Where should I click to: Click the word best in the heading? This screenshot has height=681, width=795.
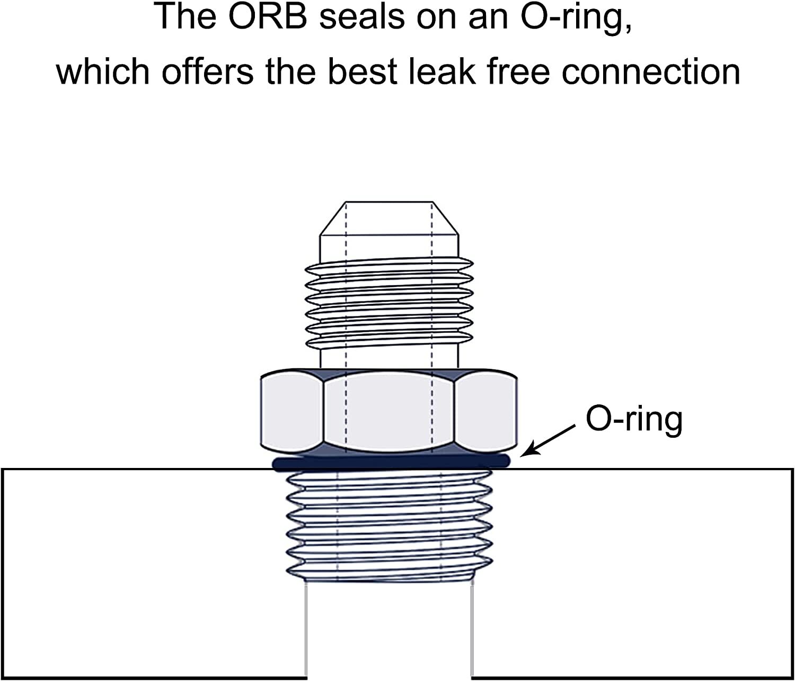click(363, 71)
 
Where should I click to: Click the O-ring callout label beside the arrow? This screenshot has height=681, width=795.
click(634, 419)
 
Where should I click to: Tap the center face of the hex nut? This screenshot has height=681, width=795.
click(390, 411)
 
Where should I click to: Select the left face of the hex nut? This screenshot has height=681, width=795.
click(292, 411)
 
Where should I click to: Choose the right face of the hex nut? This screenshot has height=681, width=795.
click(487, 411)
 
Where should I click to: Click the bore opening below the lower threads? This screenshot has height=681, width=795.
click(388, 631)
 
